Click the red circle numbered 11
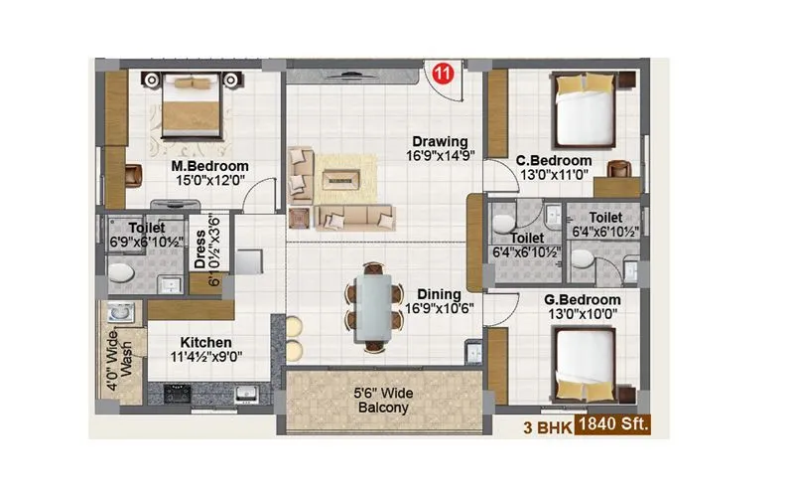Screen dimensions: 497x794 (446, 75)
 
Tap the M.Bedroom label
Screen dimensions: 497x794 (209, 166)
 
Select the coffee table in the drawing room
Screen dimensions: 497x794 (340, 178)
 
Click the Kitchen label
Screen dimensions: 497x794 (206, 342)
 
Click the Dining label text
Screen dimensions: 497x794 (439, 294)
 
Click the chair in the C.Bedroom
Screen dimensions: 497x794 (621, 169)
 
